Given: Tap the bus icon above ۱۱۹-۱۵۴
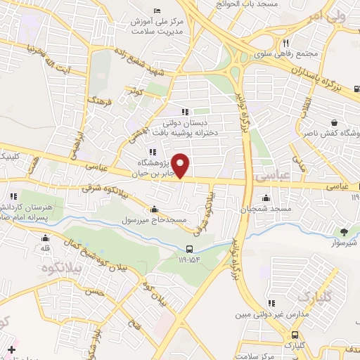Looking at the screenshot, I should point(189,249).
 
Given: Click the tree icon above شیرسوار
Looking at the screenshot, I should point(344,231).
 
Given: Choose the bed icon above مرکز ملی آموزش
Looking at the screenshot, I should point(156,9).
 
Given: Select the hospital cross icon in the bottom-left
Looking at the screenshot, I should point(11,349).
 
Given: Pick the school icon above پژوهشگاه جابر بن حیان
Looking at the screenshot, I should point(151,152).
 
